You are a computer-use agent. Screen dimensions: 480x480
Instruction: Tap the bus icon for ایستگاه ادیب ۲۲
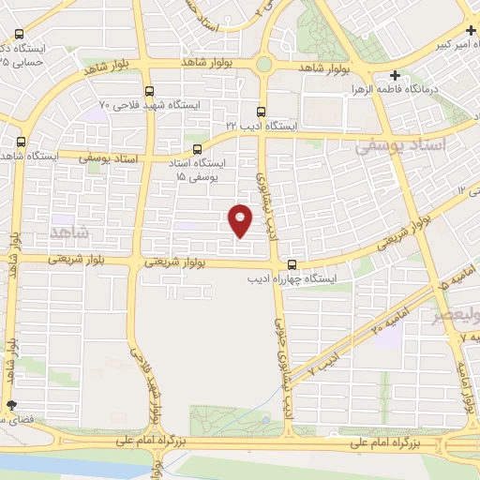[x=262, y=110]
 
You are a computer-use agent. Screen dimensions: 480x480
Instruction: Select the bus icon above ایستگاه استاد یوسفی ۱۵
[x=197, y=149]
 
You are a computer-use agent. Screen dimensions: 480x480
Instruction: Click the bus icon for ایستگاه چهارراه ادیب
[x=292, y=264]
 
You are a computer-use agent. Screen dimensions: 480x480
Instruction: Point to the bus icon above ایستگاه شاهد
[x=21, y=142]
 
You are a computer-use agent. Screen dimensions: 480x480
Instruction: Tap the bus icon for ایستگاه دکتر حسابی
[x=21, y=35]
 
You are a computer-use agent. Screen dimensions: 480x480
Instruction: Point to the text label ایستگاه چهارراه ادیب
[x=286, y=278]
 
